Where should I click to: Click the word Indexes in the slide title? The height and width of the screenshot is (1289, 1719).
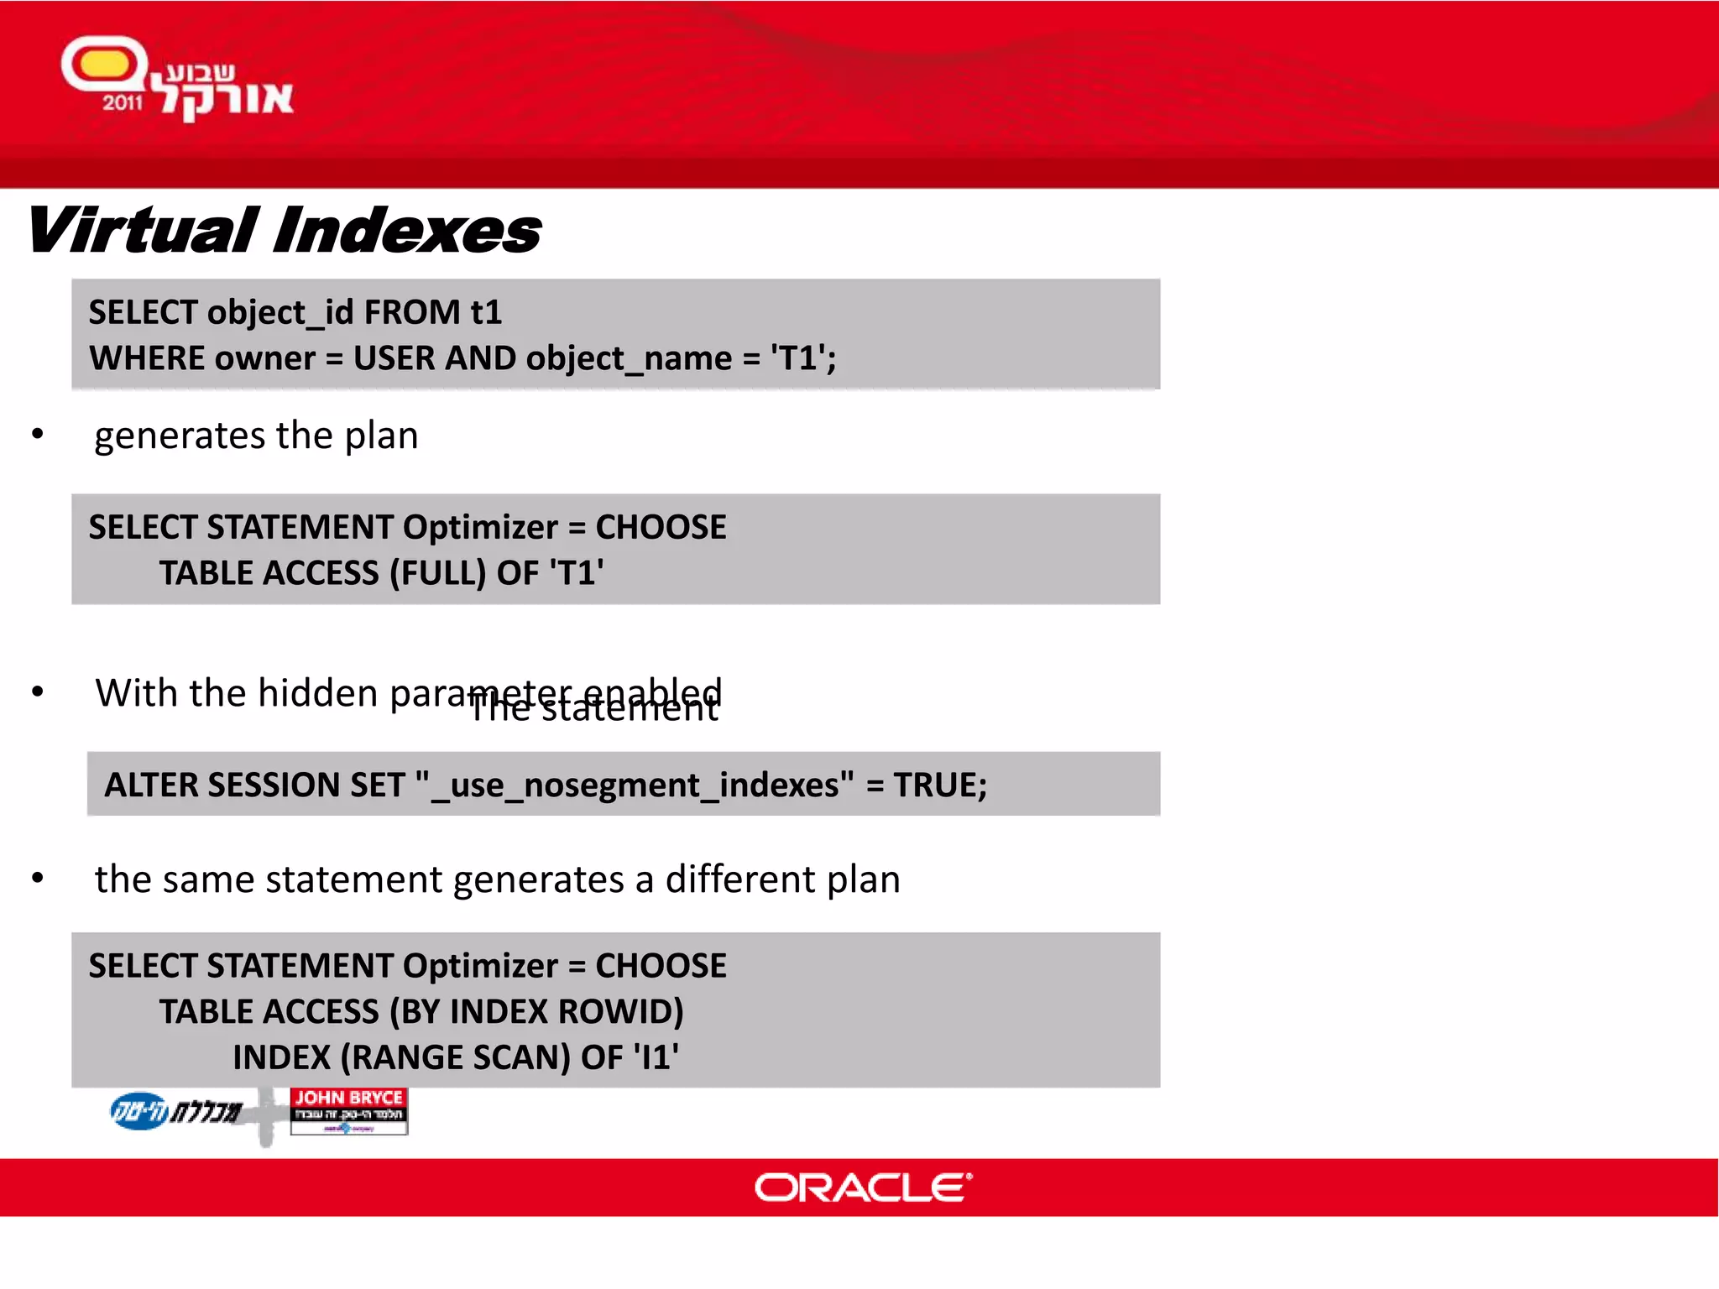point(408,231)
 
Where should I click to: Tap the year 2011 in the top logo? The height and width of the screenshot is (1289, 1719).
point(123,103)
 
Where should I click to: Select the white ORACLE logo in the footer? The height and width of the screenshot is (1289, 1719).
point(863,1187)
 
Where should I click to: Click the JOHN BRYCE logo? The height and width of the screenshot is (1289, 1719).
point(349,1110)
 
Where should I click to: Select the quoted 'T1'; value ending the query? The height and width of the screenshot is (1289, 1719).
point(803,358)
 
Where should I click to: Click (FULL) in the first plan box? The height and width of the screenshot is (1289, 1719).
point(437,573)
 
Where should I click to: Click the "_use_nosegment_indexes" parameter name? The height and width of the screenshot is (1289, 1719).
point(635,785)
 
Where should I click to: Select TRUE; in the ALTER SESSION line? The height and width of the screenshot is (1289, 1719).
point(940,785)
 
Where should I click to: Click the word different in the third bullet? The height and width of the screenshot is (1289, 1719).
point(740,879)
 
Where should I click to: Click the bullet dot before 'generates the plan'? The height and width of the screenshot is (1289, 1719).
point(38,434)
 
